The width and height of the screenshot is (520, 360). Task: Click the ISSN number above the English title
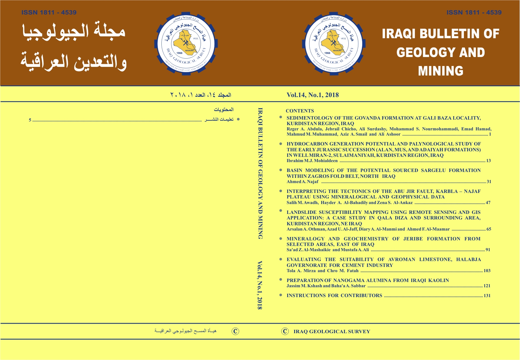coord(474,13)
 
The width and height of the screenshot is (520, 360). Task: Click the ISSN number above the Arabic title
coord(49,13)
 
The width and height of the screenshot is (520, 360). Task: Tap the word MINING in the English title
coord(441,71)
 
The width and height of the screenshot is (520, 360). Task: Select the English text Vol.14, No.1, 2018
coord(312,95)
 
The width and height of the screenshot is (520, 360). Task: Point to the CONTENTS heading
coord(300,111)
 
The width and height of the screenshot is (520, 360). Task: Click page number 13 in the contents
coord(488,161)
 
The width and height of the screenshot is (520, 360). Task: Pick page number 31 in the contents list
coord(489,182)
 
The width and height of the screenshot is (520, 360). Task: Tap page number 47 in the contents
coord(488,202)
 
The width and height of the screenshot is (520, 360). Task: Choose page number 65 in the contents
coord(489,229)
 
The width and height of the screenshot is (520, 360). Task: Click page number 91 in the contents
coord(488,250)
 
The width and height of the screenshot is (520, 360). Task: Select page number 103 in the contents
coord(487,271)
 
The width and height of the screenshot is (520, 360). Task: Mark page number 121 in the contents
coord(487,286)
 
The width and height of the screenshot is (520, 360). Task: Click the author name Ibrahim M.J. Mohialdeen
coord(312,161)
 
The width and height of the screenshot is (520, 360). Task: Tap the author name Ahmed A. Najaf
coord(303,182)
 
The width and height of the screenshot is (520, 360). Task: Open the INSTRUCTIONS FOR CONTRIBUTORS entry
coord(334,296)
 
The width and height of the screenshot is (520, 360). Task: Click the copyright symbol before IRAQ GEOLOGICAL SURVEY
coord(285,331)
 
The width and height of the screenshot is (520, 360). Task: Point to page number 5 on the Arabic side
coord(30,120)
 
